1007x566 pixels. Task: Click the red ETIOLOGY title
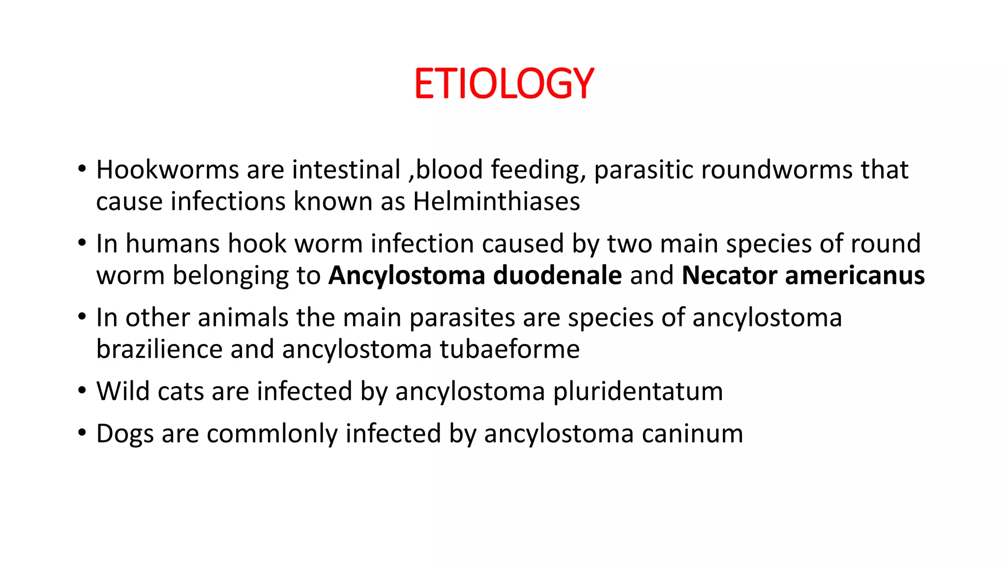coord(504,84)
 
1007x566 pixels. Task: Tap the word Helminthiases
coord(497,201)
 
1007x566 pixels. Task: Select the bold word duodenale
coord(557,275)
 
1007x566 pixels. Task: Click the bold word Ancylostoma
coord(407,276)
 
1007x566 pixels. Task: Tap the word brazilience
coord(159,349)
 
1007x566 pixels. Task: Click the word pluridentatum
coord(638,392)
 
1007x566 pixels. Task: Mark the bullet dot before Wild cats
coord(82,391)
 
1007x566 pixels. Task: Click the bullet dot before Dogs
coord(82,433)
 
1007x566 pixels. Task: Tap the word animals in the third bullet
coord(243,317)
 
